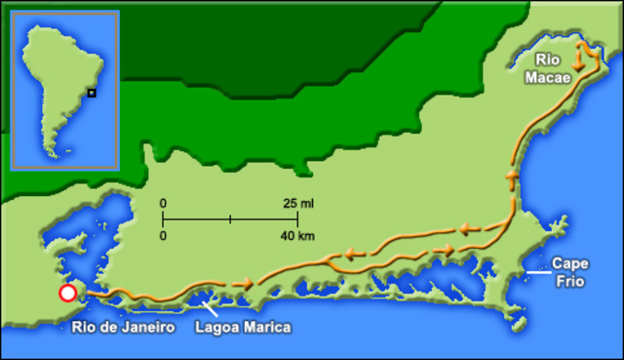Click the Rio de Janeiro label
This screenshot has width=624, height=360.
pos(123,328)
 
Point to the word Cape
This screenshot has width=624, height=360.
pos(570,262)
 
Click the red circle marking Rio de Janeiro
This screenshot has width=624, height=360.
pos(67,293)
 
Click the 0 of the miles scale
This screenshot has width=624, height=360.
pos(164,204)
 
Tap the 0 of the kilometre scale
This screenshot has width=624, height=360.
pos(164,236)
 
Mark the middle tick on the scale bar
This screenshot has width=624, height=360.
pos(230,220)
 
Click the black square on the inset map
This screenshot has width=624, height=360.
pos(91,93)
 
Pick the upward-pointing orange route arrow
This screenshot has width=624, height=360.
pos(511,178)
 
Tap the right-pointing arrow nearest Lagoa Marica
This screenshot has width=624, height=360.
pos(244,283)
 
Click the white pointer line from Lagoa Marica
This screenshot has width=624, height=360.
pos(208,310)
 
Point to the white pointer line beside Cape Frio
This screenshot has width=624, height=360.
pos(536,273)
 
